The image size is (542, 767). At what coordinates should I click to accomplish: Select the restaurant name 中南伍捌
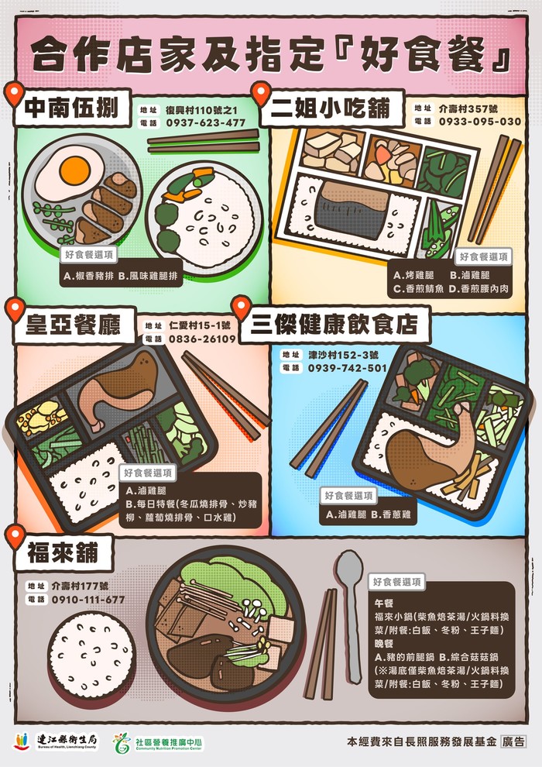[x=71, y=108]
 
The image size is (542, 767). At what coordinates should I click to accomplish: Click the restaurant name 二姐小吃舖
[x=331, y=108]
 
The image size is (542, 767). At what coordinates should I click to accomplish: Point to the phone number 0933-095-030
[x=480, y=122]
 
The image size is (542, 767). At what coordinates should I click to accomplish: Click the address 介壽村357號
[x=468, y=108]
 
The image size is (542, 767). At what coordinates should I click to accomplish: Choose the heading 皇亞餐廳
[x=73, y=325]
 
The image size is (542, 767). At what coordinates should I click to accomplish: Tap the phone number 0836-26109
[x=202, y=339]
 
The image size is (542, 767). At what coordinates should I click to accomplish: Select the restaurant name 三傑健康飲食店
[x=334, y=324]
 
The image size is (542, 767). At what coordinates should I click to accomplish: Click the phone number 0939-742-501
[x=348, y=368]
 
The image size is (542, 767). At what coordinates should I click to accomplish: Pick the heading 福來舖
[x=63, y=552]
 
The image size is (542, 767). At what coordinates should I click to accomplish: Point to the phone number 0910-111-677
[x=88, y=599]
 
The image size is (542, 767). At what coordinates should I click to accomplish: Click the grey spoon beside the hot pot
[x=351, y=617]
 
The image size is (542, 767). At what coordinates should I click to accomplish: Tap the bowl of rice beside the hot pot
[x=91, y=654]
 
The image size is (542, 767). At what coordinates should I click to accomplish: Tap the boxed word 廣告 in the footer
[x=513, y=741]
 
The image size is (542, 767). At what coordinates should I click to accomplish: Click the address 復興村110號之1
[x=201, y=109]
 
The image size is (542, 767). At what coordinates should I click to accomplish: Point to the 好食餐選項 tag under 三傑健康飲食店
[x=348, y=496]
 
